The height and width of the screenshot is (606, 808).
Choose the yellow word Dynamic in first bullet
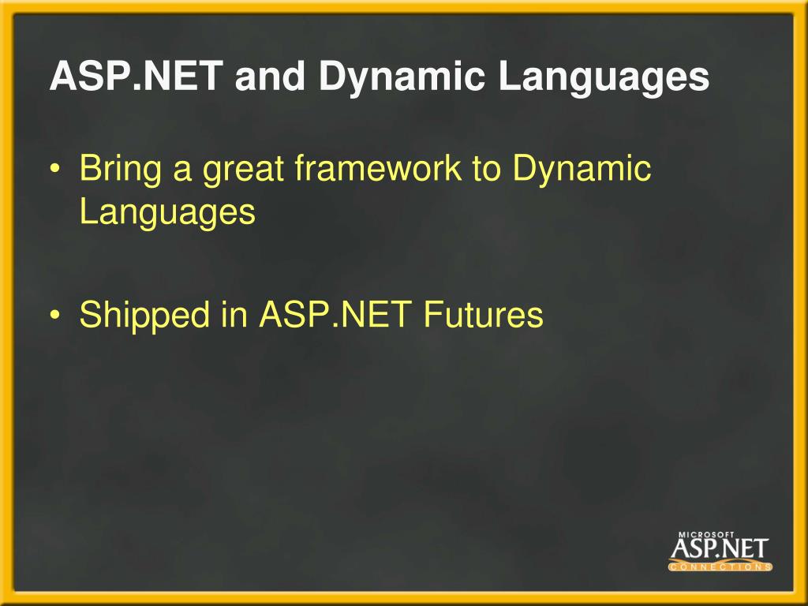coord(582,170)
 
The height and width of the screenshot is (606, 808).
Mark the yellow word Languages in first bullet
coord(167,212)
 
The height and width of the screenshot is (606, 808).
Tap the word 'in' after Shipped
coord(235,314)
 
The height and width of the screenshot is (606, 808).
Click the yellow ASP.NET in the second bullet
coord(337,314)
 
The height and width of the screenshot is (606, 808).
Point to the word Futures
coord(483,314)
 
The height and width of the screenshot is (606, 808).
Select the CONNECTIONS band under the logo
coord(720,567)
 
